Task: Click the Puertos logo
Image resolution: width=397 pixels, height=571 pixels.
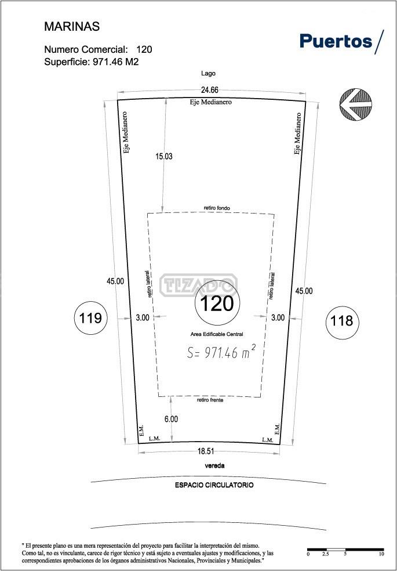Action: (341, 42)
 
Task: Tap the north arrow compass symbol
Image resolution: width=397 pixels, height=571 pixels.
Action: (355, 104)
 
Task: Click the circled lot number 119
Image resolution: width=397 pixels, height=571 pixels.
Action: (90, 318)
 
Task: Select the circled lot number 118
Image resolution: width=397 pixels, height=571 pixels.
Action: (342, 321)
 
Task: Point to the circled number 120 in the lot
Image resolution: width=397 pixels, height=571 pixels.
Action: (217, 303)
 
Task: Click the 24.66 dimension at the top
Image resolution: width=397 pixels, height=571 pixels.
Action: (210, 91)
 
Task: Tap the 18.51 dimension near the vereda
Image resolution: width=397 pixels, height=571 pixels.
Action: (205, 451)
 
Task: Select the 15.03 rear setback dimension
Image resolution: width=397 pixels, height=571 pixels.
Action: (163, 157)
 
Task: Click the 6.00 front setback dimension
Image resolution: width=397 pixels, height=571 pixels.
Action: (171, 419)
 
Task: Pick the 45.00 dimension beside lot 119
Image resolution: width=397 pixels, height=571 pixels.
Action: (115, 281)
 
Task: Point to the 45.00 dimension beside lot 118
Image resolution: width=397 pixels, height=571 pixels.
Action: (304, 291)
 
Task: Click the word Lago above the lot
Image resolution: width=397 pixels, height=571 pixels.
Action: (208, 74)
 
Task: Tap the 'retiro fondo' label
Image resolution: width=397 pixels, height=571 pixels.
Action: (217, 208)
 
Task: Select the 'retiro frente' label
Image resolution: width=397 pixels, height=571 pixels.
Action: (210, 400)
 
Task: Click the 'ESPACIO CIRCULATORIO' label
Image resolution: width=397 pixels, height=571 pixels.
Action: (214, 485)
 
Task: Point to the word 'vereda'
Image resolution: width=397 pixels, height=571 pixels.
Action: (214, 466)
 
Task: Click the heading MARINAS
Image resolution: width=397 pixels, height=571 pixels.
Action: (72, 27)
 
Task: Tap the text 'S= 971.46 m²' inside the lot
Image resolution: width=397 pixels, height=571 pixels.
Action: (221, 352)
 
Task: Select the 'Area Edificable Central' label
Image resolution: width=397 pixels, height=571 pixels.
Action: (217, 334)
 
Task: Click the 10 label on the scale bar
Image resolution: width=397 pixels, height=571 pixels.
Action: (381, 554)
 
